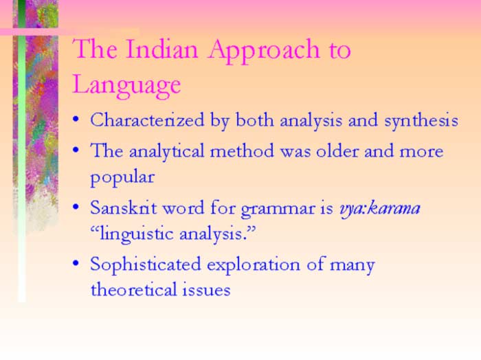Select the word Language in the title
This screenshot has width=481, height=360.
[x=126, y=85]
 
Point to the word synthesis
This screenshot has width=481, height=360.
[x=421, y=120]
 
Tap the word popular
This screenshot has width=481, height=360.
[x=122, y=177]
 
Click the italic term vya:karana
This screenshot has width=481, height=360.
[x=379, y=207]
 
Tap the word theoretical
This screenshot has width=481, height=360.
[x=133, y=289]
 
